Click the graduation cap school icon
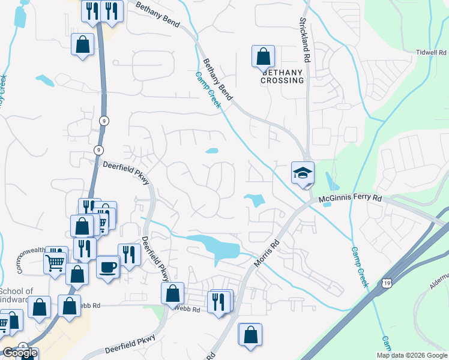coord(303,173)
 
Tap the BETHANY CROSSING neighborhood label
coord(282,76)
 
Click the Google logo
coord(19,352)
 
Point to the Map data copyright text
coord(412,355)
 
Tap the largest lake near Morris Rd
coord(216,246)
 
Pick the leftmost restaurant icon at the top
coord(92,11)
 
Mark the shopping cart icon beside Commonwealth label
coord(55,262)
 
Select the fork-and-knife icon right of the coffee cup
coord(129,254)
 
